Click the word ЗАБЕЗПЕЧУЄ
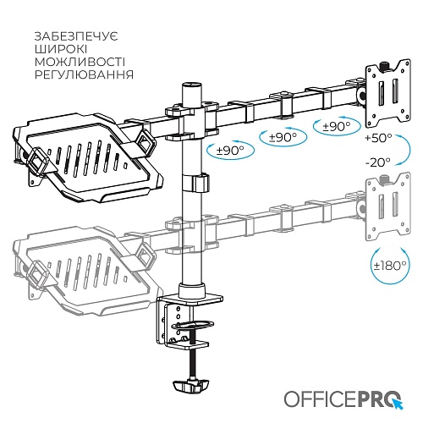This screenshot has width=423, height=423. [76, 36]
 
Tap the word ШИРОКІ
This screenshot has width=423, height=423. [61, 49]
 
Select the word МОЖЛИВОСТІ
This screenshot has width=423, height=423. [80, 62]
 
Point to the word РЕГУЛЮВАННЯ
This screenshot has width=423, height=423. [84, 74]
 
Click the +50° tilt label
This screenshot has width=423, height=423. [378, 138]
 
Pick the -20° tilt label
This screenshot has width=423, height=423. [377, 162]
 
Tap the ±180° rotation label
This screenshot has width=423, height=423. [390, 266]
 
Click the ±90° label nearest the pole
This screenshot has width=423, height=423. [230, 151]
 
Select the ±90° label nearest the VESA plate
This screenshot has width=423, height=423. [337, 127]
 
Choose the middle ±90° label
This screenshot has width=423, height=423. [283, 137]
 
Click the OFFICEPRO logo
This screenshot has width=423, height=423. [343, 398]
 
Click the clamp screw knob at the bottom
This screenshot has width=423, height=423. [190, 385]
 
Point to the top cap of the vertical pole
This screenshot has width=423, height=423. [192, 85]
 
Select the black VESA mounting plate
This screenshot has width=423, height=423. [388, 93]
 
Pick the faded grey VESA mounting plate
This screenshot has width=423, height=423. [388, 206]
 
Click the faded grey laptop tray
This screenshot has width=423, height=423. [87, 271]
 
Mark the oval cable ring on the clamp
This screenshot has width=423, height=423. [193, 324]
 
